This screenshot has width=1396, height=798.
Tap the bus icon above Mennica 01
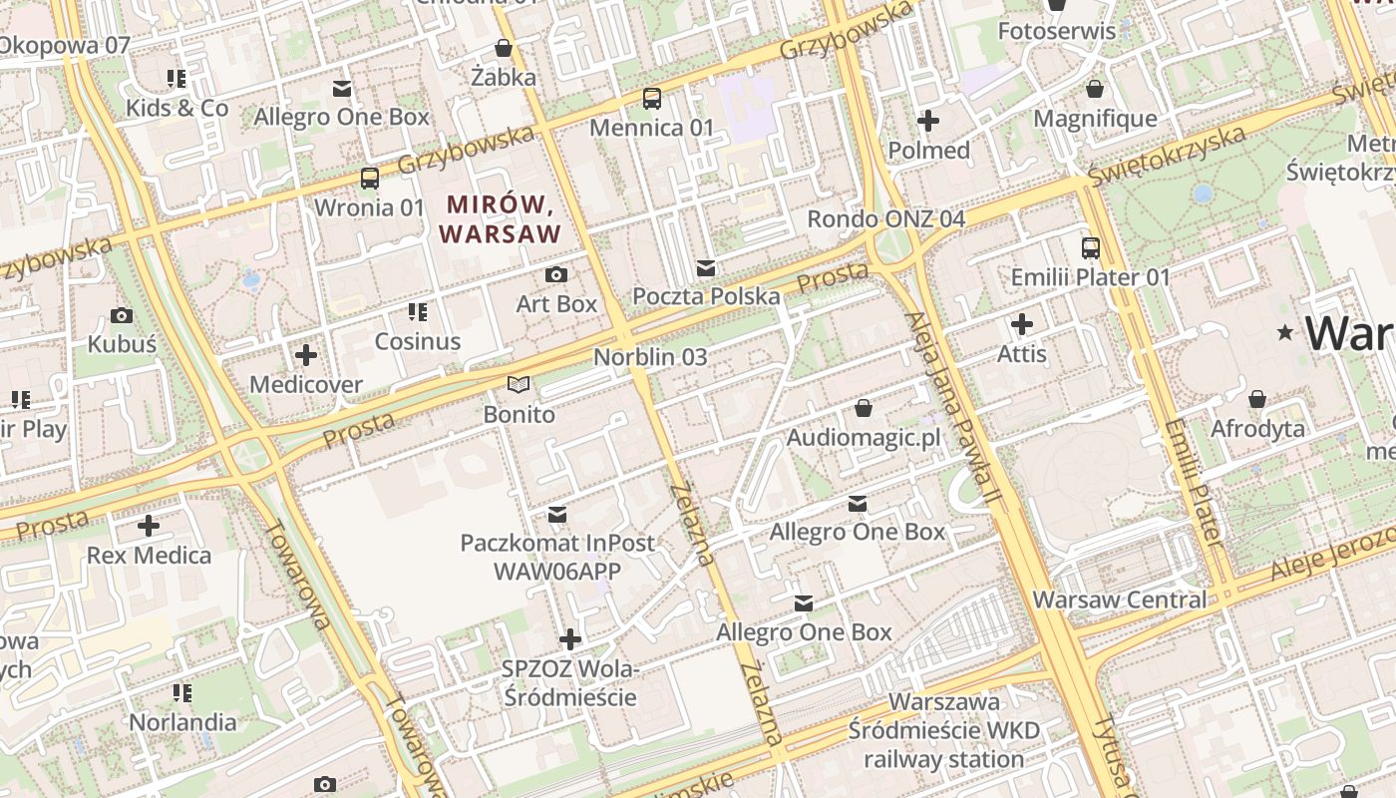tap(652, 98)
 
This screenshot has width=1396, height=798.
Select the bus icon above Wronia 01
tap(370, 179)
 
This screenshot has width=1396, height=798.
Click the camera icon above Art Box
tap(556, 274)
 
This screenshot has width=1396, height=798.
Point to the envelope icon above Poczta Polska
tap(706, 267)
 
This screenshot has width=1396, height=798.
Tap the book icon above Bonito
tap(519, 384)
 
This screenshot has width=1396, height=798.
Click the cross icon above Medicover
tap(306, 355)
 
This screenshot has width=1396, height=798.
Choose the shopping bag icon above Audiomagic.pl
tap(864, 408)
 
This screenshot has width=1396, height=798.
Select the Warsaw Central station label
tap(1120, 599)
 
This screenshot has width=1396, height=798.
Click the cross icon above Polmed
tap(928, 122)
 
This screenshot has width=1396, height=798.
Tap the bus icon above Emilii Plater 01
tap(1091, 247)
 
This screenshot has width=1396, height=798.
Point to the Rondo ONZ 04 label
tap(885, 218)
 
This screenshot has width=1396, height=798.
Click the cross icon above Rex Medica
tap(149, 526)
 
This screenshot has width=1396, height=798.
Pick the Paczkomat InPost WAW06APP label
tap(557, 557)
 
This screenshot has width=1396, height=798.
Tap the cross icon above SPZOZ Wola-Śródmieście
tap(570, 638)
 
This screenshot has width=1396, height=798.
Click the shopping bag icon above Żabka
tap(504, 48)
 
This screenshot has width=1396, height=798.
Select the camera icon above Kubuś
tap(122, 315)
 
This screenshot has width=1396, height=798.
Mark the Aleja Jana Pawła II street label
tap(952, 419)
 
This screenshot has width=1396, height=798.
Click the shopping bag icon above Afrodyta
tap(1257, 399)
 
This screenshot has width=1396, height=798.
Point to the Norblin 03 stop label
tap(650, 357)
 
